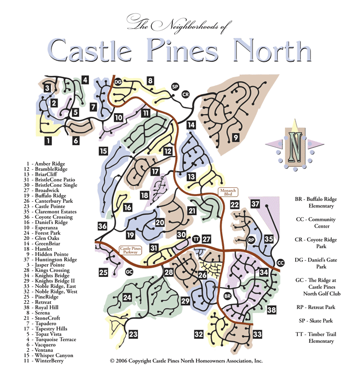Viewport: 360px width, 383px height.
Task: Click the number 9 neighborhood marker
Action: point(236,137)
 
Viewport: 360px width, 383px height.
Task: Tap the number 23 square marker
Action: point(133,334)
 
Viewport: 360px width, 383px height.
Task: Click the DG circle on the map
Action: point(118,81)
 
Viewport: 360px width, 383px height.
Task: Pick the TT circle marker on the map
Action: point(195,239)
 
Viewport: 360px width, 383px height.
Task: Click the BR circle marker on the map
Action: point(228,296)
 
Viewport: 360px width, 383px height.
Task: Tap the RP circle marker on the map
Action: point(251,240)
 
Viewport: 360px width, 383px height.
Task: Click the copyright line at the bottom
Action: point(186,361)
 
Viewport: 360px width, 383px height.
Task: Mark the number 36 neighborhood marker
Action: point(102,227)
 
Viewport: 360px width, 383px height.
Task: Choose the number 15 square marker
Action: point(103,151)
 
